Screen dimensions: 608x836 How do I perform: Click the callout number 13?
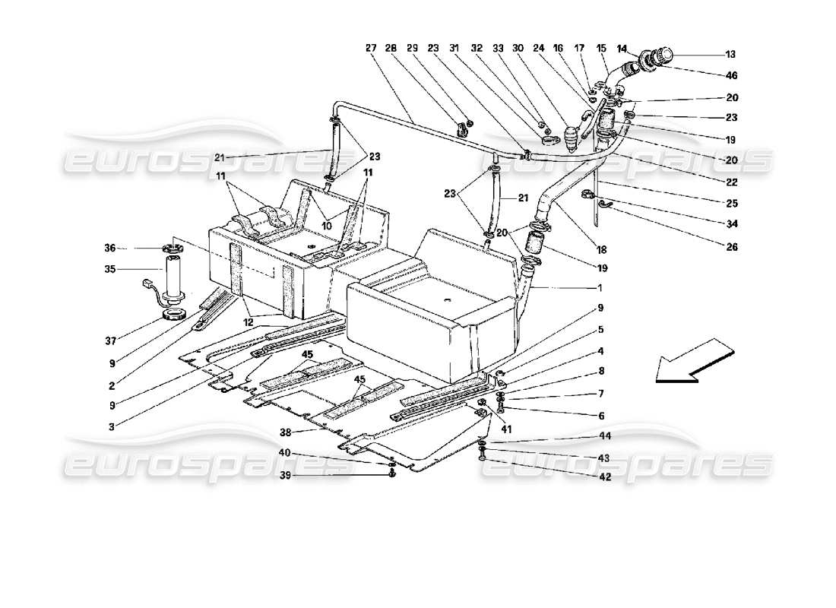(x=730, y=54)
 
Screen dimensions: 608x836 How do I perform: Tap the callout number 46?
(x=730, y=76)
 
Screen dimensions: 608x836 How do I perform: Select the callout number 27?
(x=371, y=48)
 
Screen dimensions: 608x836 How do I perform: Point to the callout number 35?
(x=110, y=268)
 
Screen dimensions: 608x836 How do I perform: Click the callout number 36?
(x=110, y=248)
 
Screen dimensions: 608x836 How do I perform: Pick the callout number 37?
(x=110, y=339)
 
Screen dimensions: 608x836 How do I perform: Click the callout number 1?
(x=600, y=288)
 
